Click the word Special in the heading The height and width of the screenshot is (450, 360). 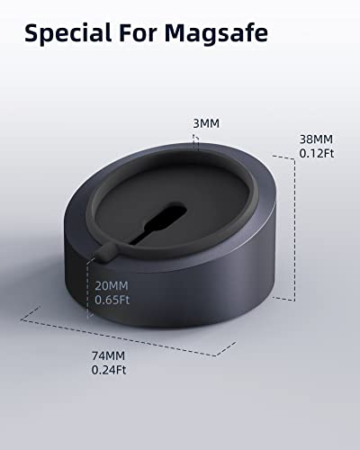point(68,33)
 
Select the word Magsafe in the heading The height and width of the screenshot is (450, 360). point(216,33)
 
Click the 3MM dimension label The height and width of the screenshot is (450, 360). point(206,123)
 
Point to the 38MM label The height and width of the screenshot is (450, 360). point(316,139)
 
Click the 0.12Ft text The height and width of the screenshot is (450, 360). point(317,153)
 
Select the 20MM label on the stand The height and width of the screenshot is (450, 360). point(112,285)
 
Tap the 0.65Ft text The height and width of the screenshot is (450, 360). point(112,300)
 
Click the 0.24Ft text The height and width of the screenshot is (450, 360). point(109,370)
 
